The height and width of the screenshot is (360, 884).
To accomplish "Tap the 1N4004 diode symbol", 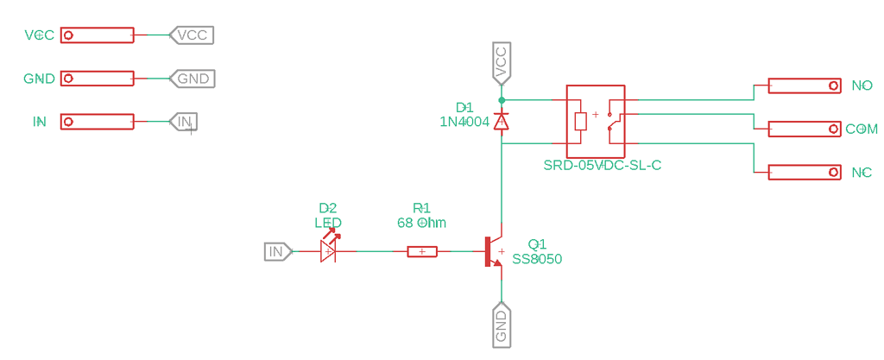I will coord(502,122).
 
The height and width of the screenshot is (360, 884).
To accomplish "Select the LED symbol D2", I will coord(328,251).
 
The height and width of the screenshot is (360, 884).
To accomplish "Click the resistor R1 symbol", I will coord(422,251).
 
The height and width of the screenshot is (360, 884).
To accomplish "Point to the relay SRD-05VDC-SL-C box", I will coord(595,120).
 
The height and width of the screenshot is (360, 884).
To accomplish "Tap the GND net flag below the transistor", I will coord(502,325).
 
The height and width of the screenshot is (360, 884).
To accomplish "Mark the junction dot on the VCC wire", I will coord(502,100).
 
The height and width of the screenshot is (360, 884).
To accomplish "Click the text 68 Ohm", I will coord(421,223).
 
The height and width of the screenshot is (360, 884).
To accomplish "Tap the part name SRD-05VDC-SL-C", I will coord(602,165).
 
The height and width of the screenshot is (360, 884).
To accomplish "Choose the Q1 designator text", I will coord(537,244).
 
